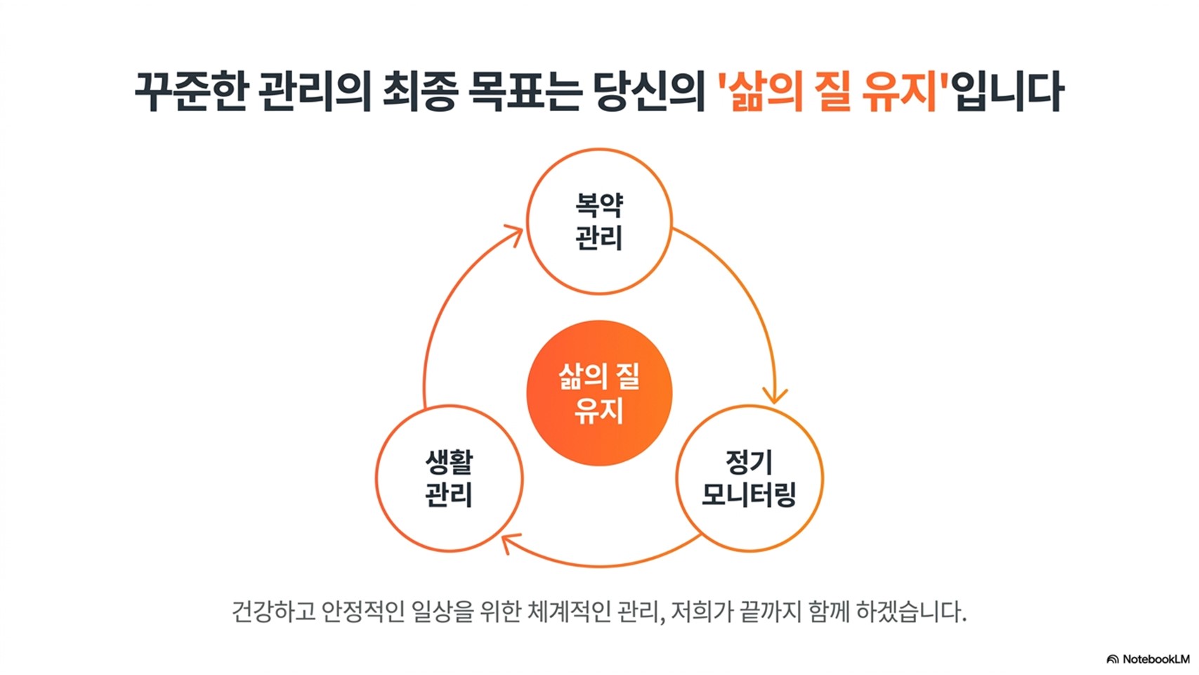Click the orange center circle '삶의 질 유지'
tap(600, 392)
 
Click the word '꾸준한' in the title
tap(190, 91)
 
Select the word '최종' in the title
tap(421, 91)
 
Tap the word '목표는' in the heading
tap(525, 91)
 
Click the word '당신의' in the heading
tap(648, 91)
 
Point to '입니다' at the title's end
tap(1009, 91)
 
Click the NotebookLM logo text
tap(1156, 659)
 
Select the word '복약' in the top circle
tap(600, 205)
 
